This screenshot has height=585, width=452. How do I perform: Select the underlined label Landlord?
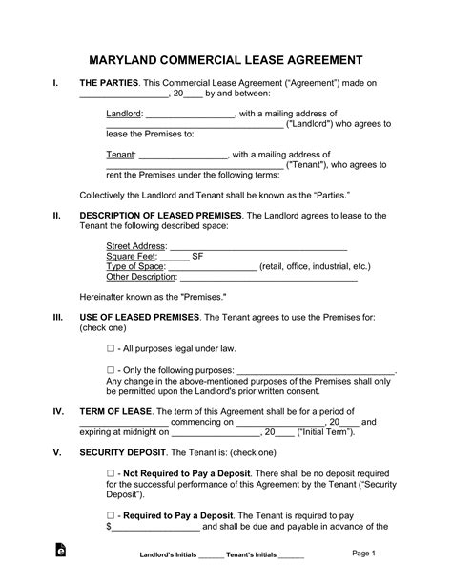[124, 113]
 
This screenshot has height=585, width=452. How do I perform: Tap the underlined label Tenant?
[120, 153]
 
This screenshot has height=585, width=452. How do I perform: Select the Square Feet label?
[131, 256]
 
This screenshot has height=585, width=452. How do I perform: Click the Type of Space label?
[134, 266]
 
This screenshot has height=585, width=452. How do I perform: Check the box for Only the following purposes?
[111, 369]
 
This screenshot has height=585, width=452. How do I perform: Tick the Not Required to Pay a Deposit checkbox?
[111, 473]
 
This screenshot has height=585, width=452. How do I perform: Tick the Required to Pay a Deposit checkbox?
[111, 515]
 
